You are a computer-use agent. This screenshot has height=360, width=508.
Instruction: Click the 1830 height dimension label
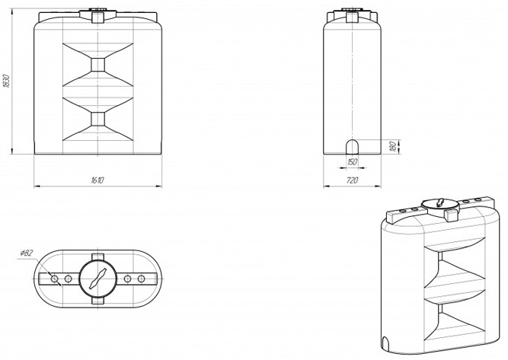7,81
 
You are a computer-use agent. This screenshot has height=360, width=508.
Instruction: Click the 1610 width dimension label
97,180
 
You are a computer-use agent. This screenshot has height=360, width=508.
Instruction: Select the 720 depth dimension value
352,180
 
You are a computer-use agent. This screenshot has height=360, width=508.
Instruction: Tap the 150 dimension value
352,162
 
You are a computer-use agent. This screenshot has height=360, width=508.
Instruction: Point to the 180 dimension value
392,147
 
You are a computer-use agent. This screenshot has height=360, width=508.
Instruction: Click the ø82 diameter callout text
26,253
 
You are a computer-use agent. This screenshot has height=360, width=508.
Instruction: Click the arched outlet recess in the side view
352,147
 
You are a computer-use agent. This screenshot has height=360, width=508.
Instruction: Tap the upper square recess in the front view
97,65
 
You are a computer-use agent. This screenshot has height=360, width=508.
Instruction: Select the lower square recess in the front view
97,119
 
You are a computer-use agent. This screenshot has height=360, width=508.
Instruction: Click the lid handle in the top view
97,279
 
